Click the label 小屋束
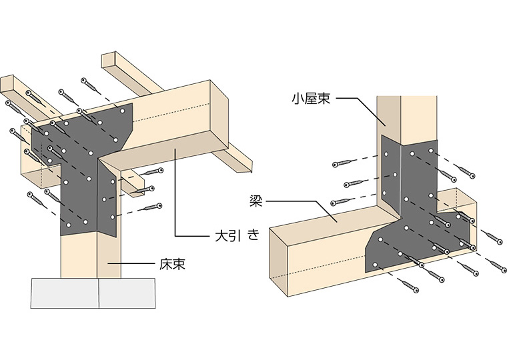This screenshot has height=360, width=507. click(x=310, y=99)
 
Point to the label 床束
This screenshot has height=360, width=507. click(x=173, y=265)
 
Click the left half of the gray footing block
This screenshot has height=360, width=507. click(x=65, y=293)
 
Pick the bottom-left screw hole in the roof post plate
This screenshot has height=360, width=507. click(x=376, y=265)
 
